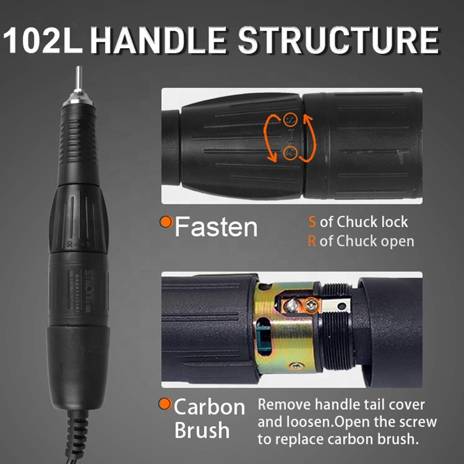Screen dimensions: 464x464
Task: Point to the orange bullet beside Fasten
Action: (166, 221)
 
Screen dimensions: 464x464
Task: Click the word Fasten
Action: (216, 226)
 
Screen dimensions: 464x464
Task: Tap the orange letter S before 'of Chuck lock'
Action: (312, 222)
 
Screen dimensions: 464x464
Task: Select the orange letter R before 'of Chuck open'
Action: (312, 241)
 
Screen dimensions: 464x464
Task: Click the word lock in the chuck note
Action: (394, 222)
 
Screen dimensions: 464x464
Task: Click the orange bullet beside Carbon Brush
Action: (166, 404)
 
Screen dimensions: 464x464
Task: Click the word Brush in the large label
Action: (201, 431)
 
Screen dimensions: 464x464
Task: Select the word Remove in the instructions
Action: (282, 404)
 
